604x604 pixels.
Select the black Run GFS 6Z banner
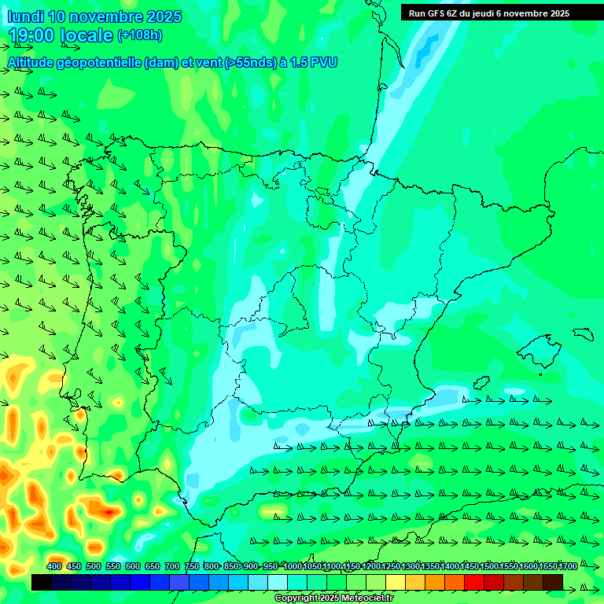pos(489,13)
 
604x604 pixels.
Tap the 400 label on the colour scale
pos(54,566)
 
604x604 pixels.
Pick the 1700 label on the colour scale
pos(568,566)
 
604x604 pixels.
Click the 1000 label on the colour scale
pos(293,566)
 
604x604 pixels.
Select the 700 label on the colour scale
pos(171,566)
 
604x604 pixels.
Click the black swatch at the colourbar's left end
pos(42,582)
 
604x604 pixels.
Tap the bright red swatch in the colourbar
pos(474,582)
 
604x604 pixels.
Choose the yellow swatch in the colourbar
pos(396,582)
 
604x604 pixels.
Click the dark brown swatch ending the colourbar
pos(553,582)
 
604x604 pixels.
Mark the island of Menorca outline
pos(583,333)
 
